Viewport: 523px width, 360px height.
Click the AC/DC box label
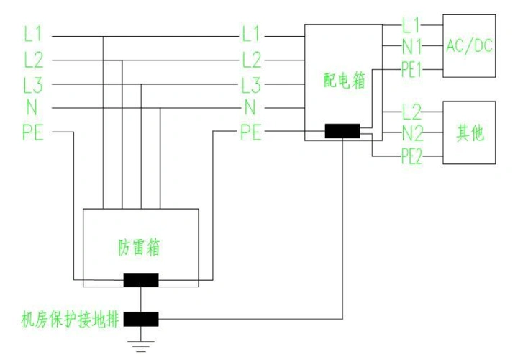[x=469, y=46]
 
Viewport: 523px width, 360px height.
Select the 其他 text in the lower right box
[x=470, y=133]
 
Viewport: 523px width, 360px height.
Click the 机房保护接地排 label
[x=71, y=318]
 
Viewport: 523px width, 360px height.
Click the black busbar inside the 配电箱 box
[x=342, y=131]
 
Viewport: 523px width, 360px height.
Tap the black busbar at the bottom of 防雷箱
[x=141, y=280]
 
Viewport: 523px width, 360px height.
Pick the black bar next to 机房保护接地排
[x=141, y=318]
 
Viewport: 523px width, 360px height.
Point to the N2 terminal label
[x=412, y=134]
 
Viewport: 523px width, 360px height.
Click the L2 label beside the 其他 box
[x=412, y=112]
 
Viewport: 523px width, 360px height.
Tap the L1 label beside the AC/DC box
[x=411, y=26]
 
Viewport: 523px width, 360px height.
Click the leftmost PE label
[x=34, y=132]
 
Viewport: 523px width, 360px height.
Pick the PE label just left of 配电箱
[x=251, y=132]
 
